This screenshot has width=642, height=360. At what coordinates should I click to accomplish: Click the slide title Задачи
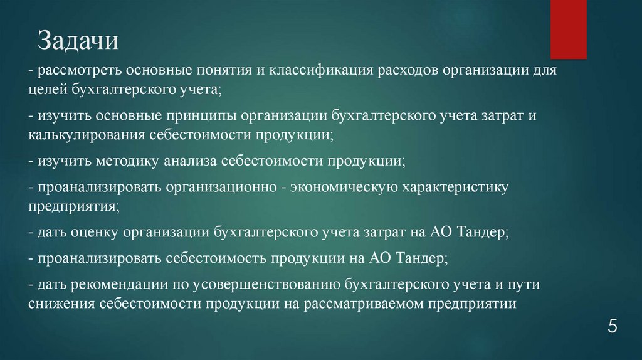[x=78, y=42]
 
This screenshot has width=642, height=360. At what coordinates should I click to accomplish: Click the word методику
[x=128, y=162]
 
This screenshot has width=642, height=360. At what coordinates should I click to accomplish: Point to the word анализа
[x=189, y=162]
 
